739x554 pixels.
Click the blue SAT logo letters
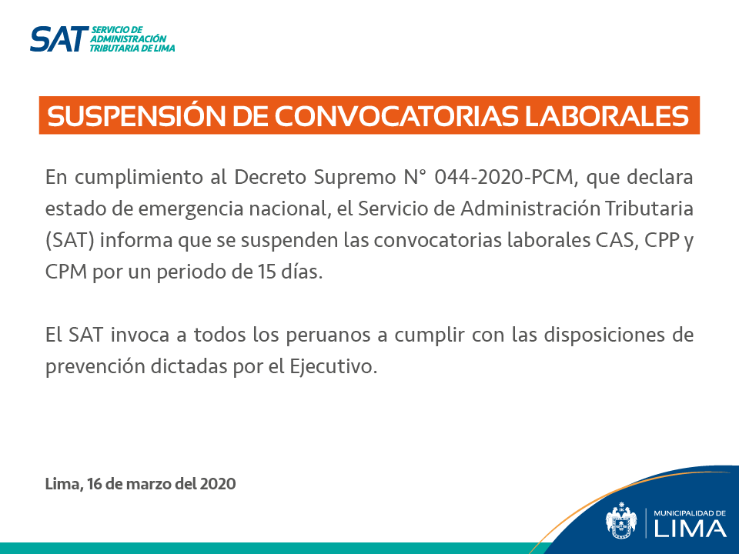coord(59,39)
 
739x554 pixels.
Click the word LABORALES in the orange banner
coord(607,116)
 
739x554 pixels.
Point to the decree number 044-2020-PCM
coord(506,178)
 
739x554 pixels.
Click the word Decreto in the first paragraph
coord(270,177)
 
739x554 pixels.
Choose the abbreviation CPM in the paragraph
coord(66,272)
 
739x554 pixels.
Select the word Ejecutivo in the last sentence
coord(333,366)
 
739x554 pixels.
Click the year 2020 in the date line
coord(217,484)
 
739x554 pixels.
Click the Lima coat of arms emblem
coord(620,521)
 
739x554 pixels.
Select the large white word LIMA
coord(690,529)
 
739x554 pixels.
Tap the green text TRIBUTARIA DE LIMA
coord(132,48)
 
